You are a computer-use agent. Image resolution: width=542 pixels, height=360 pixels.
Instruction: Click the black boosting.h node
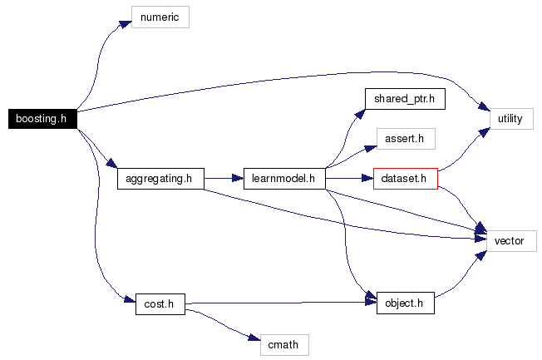click(x=41, y=119)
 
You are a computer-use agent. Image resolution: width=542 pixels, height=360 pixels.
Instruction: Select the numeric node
click(x=160, y=16)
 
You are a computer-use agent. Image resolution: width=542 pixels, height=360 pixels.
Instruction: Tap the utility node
click(x=510, y=119)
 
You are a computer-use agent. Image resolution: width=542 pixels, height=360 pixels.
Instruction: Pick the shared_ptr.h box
click(x=404, y=99)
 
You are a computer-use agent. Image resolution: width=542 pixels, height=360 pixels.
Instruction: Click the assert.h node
click(x=404, y=138)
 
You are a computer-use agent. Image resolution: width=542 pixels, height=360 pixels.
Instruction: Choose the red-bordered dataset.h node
click(x=405, y=178)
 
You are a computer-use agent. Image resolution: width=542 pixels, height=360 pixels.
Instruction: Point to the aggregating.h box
click(x=159, y=178)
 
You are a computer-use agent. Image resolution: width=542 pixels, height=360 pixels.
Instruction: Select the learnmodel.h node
click(x=283, y=178)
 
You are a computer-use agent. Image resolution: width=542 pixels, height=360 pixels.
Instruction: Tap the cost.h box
click(x=159, y=304)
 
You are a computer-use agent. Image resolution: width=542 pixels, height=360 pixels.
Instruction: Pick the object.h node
click(x=405, y=304)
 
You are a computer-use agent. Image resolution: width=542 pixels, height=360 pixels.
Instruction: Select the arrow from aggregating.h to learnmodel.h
click(x=223, y=178)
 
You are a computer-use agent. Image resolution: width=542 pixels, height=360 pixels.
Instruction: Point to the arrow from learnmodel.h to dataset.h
click(x=348, y=178)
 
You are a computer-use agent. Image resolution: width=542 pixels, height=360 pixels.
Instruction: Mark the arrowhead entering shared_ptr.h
click(x=360, y=112)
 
